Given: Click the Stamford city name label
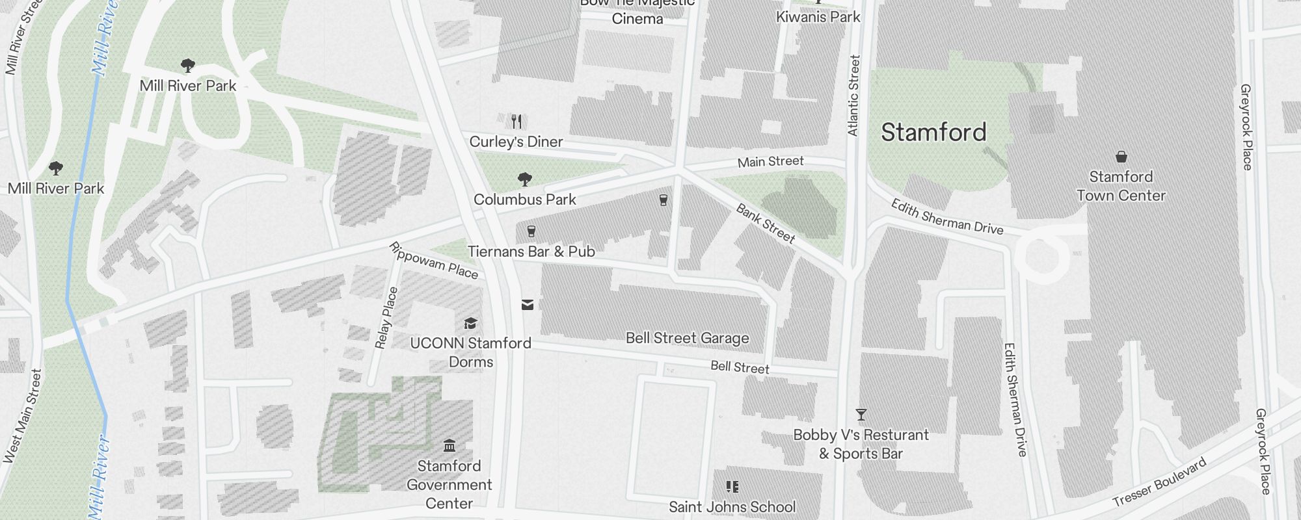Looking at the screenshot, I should click(x=933, y=133).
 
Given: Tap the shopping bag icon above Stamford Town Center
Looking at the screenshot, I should click(x=1121, y=157).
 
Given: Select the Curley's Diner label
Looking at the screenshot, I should click(x=516, y=142).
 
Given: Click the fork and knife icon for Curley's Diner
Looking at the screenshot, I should click(x=516, y=121).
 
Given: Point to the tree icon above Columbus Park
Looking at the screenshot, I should click(x=524, y=179).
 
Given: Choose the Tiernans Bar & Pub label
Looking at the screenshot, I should click(x=531, y=252).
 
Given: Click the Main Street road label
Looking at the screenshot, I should click(x=770, y=161).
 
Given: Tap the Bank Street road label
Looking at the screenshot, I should click(x=766, y=223).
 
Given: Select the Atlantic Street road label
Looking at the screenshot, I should click(x=853, y=96).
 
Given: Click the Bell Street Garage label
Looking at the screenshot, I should click(x=687, y=338).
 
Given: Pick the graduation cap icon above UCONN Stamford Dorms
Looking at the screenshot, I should click(x=470, y=324).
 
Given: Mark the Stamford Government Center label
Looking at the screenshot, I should click(x=449, y=485).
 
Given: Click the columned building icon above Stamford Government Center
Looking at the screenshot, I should click(x=449, y=446).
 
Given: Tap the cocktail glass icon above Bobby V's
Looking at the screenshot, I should click(x=861, y=415).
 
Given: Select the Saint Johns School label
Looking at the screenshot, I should click(x=732, y=507).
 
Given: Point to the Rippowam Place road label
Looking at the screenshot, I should click(x=433, y=261).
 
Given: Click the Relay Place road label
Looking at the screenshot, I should click(x=386, y=318).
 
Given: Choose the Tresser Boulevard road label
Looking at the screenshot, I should click(x=1159, y=483).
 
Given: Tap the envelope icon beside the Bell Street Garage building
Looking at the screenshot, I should click(x=528, y=304).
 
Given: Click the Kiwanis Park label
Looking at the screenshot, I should click(x=818, y=17).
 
